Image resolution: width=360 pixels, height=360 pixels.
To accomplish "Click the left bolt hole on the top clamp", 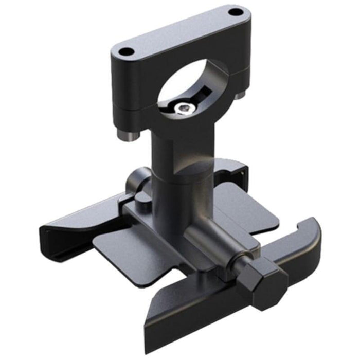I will pos(125,51).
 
